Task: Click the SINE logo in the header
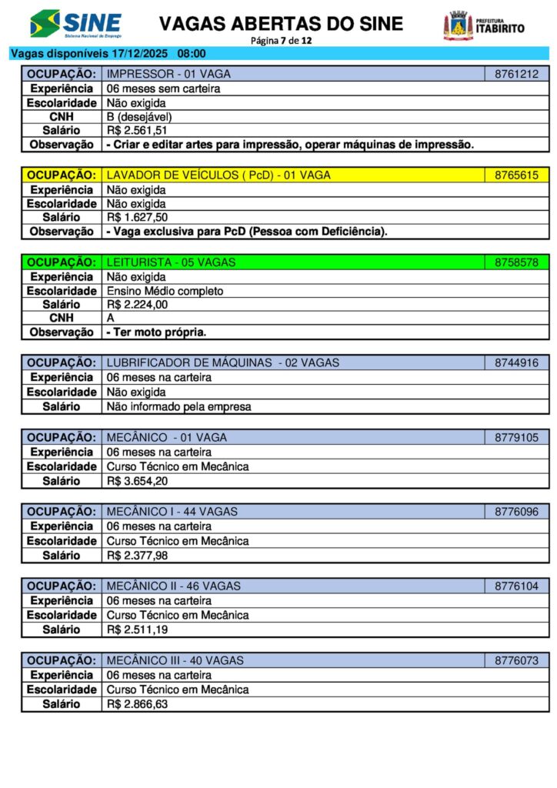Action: pyautogui.click(x=75, y=24)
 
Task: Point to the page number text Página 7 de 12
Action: pyautogui.click(x=281, y=40)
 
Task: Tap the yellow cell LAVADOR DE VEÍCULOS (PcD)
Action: pyautogui.click(x=218, y=175)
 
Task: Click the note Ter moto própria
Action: pyautogui.click(x=157, y=332)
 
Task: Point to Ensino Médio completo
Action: pyautogui.click(x=165, y=291)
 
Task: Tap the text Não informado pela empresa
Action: pyautogui.click(x=178, y=406)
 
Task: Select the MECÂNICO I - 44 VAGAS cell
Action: pyautogui.click(x=172, y=512)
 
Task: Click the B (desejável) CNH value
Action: pyautogui.click(x=139, y=116)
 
